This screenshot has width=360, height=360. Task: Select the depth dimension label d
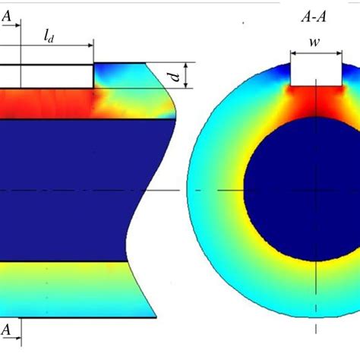175,76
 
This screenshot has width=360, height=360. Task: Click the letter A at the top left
7,14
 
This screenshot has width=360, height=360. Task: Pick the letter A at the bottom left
7,330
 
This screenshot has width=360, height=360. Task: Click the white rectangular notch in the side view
46,75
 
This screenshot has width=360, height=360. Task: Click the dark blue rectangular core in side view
76,190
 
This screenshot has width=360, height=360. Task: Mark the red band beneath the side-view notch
46,103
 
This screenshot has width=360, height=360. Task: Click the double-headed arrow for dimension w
315,54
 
